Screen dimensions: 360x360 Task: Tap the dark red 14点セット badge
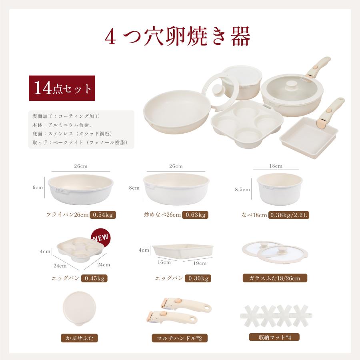pyautogui.click(x=62, y=88)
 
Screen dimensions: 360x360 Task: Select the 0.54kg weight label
pyautogui.click(x=103, y=215)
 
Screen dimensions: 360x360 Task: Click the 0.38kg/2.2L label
pyautogui.click(x=289, y=215)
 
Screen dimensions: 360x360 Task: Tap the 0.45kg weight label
pyautogui.click(x=95, y=278)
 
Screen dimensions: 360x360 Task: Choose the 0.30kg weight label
pyautogui.click(x=198, y=278)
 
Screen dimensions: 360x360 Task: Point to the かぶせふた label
pyautogui.click(x=79, y=338)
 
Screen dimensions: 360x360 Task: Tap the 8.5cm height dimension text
pyautogui.click(x=242, y=190)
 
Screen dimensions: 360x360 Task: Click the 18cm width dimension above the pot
pyautogui.click(x=276, y=166)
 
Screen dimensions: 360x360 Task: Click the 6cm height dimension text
pyautogui.click(x=38, y=187)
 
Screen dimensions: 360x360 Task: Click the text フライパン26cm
pyautogui.click(x=68, y=215)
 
